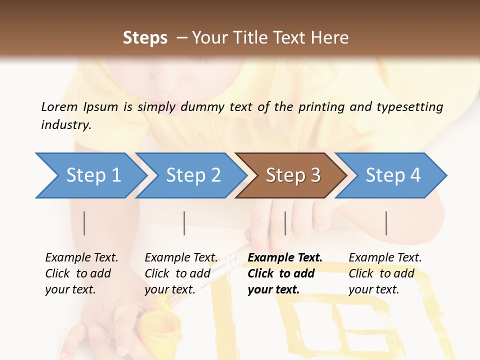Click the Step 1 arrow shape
tap(90, 175)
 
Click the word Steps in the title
tap(145, 38)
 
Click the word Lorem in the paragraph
tap(59, 106)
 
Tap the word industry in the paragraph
tap(66, 125)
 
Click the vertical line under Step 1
tap(84, 223)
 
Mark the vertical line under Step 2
tap(184, 223)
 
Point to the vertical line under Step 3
tap(285, 223)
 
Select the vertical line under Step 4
tap(386, 223)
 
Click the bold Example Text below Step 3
tap(285, 257)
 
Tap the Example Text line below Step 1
tap(81, 257)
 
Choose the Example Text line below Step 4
tap(385, 257)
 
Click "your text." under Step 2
tap(169, 289)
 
